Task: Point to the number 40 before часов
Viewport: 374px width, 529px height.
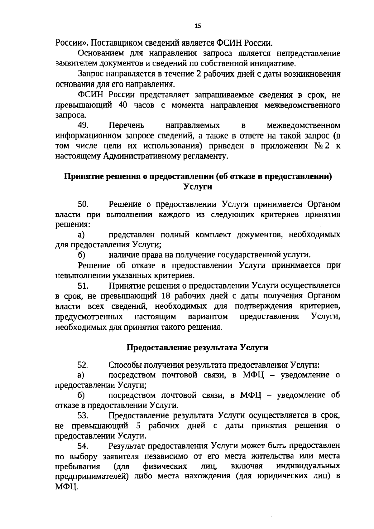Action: pyautogui.click(x=123, y=105)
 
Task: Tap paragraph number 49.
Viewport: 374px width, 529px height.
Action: pyautogui.click(x=83, y=125)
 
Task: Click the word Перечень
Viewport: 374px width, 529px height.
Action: pyautogui.click(x=127, y=125)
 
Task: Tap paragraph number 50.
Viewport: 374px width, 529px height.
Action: pyautogui.click(x=83, y=204)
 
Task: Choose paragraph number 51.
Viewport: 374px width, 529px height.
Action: pyautogui.click(x=83, y=285)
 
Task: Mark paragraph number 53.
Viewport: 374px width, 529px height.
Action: pyautogui.click(x=83, y=416)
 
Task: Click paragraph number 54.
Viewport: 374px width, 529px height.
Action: pyautogui.click(x=83, y=446)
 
